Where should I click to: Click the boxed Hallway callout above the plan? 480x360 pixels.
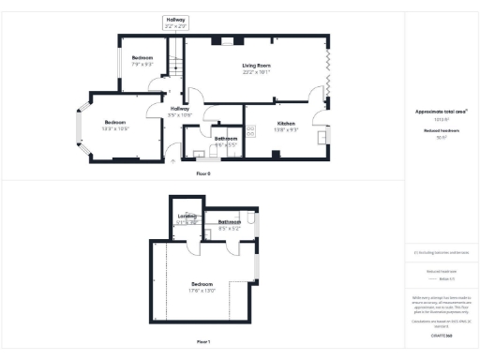pyautogui.click(x=176, y=23)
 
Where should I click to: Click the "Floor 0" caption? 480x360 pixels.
pyautogui.click(x=203, y=173)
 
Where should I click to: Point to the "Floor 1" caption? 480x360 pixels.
pyautogui.click(x=203, y=342)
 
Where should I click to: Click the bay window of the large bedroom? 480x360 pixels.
pyautogui.click(x=81, y=127)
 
